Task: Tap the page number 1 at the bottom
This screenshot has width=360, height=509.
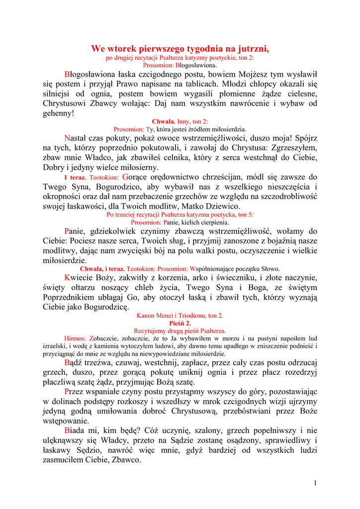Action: coord(315,483)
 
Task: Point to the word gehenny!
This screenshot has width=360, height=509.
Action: coord(58,113)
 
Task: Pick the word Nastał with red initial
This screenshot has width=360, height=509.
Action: coord(77,138)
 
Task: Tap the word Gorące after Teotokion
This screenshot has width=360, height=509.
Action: coord(136,177)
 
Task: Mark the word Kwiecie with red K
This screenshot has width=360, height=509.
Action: coord(81,277)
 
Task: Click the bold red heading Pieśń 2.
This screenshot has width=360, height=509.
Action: coord(180,323)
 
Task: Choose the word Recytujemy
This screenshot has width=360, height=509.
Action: coord(151,331)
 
